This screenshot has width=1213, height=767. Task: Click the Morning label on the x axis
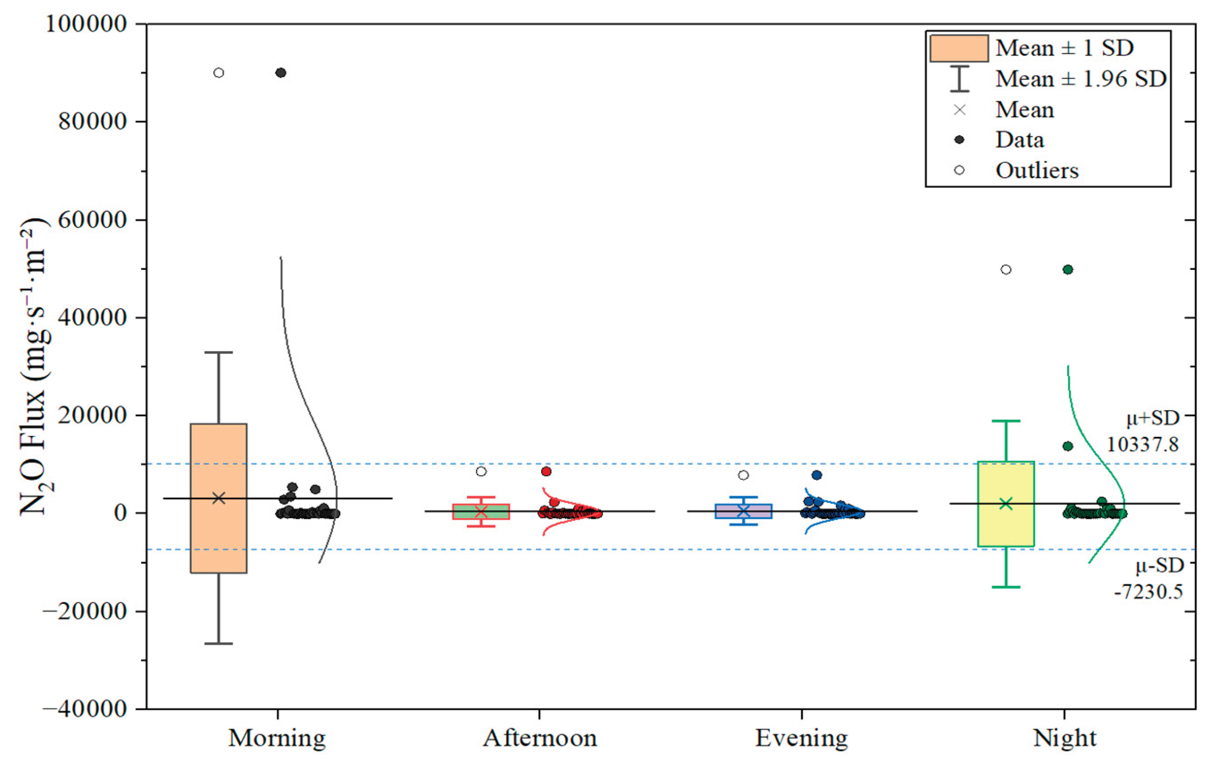(x=277, y=738)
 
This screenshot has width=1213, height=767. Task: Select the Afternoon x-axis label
(x=539, y=738)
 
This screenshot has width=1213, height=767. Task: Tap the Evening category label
(x=801, y=738)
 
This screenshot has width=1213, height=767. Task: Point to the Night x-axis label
(x=1064, y=738)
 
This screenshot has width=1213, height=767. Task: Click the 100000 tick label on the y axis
(x=86, y=24)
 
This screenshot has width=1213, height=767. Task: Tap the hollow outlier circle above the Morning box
(x=219, y=73)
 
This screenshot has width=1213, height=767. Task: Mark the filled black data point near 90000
(x=281, y=73)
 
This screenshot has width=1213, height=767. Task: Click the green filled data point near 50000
(x=1067, y=270)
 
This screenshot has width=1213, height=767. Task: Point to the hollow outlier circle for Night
(x=1005, y=270)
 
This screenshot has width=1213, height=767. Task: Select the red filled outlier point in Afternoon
(x=546, y=472)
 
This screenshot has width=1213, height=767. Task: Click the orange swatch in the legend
(x=959, y=48)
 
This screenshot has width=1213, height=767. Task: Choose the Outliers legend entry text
(x=1037, y=170)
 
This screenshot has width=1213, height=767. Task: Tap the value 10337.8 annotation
(x=1142, y=444)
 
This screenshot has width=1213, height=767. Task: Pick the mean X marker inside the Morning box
(x=219, y=498)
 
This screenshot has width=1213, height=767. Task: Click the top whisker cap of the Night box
(x=1005, y=421)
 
